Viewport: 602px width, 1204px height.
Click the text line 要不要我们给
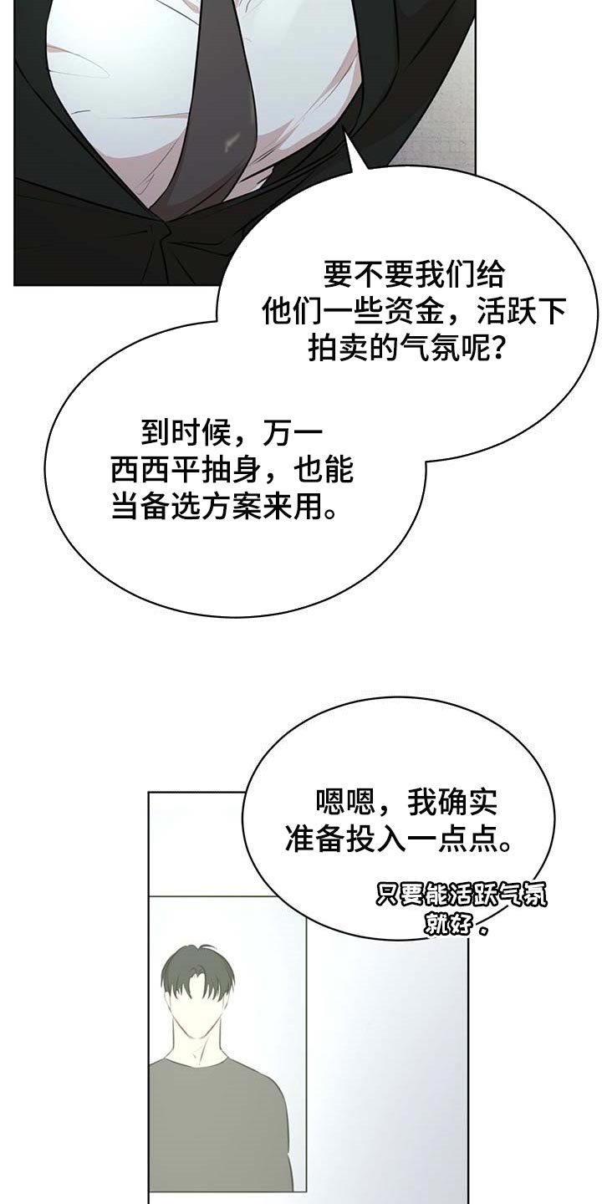414,274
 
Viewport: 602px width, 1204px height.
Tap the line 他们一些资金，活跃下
414,313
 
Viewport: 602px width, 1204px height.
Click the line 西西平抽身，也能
232,469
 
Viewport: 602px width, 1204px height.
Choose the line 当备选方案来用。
225,507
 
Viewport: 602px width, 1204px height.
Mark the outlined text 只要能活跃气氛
461,896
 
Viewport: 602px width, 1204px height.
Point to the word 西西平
156,469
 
